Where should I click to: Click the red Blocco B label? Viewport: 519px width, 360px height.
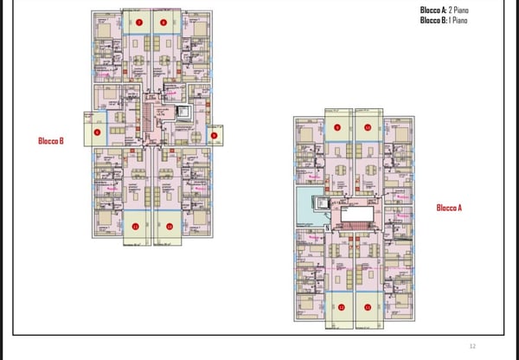coord(51,141)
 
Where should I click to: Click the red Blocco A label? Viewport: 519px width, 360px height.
coord(449,208)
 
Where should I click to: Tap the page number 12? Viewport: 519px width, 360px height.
coord(472,344)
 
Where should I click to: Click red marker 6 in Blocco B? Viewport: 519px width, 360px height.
coord(97,132)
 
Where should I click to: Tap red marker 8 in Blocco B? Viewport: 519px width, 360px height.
coord(163,22)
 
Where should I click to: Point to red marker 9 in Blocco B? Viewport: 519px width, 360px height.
coord(214,134)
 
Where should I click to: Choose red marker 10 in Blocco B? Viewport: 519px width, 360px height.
coord(170,226)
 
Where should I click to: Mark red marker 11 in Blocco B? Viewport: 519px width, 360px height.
coord(137,226)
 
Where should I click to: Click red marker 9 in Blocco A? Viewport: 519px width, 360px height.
coord(338,127)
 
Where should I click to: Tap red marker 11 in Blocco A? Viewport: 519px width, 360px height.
coord(368,307)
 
